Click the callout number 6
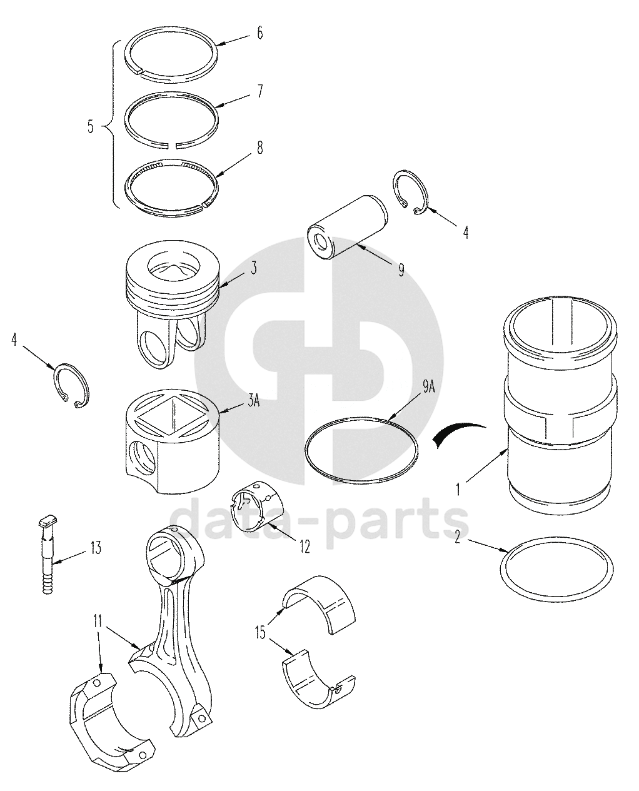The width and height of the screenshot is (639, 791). (x=260, y=33)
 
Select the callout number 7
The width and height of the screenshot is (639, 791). (x=260, y=91)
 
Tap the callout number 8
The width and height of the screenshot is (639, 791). (x=260, y=148)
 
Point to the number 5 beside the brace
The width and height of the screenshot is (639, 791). (x=91, y=127)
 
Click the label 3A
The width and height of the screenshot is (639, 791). (x=254, y=401)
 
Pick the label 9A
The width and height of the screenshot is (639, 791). (x=428, y=387)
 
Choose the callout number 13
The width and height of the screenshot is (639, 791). (x=96, y=548)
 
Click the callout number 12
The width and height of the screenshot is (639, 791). (x=304, y=547)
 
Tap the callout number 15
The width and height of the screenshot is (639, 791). (x=261, y=632)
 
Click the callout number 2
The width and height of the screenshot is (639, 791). (x=458, y=537)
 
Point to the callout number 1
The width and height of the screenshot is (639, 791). (x=458, y=490)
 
